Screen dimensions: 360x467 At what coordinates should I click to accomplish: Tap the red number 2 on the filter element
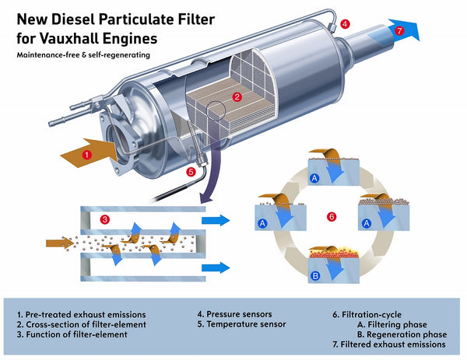tap(237, 97)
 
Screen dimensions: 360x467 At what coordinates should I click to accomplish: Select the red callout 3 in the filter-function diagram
tap(104, 220)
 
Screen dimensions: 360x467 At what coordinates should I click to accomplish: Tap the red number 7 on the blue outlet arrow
tap(399, 31)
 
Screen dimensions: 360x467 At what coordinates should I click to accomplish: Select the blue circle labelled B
tap(314, 276)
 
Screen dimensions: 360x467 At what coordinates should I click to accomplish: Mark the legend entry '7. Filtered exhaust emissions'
tap(390, 344)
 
